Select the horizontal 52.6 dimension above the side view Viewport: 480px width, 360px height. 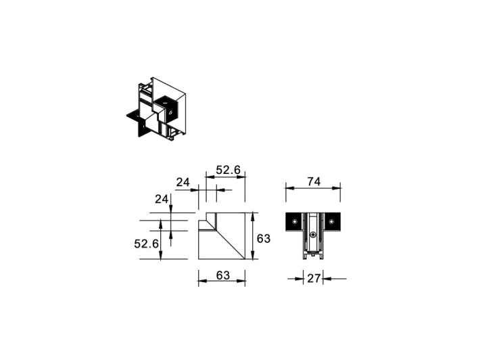[x=229, y=170]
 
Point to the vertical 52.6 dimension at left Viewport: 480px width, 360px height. [x=146, y=243]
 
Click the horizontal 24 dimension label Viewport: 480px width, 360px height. [x=183, y=182]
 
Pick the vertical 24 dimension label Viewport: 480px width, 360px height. [x=161, y=199]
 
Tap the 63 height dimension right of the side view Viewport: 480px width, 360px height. [x=264, y=238]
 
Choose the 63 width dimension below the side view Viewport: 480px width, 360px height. [x=222, y=275]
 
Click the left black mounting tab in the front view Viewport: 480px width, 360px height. [x=294, y=223]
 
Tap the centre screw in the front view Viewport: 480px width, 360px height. [x=312, y=236]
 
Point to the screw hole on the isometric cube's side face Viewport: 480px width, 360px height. [x=173, y=112]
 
